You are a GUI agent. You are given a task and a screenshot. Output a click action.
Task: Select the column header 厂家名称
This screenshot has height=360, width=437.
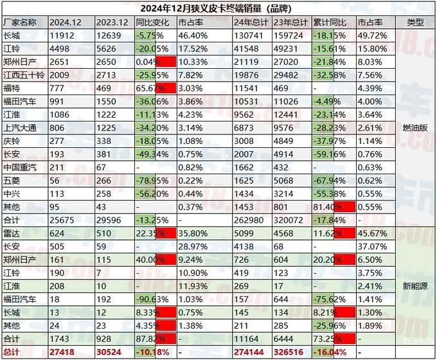[24, 22]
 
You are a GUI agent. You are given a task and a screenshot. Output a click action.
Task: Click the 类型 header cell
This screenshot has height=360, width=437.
[415, 22]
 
